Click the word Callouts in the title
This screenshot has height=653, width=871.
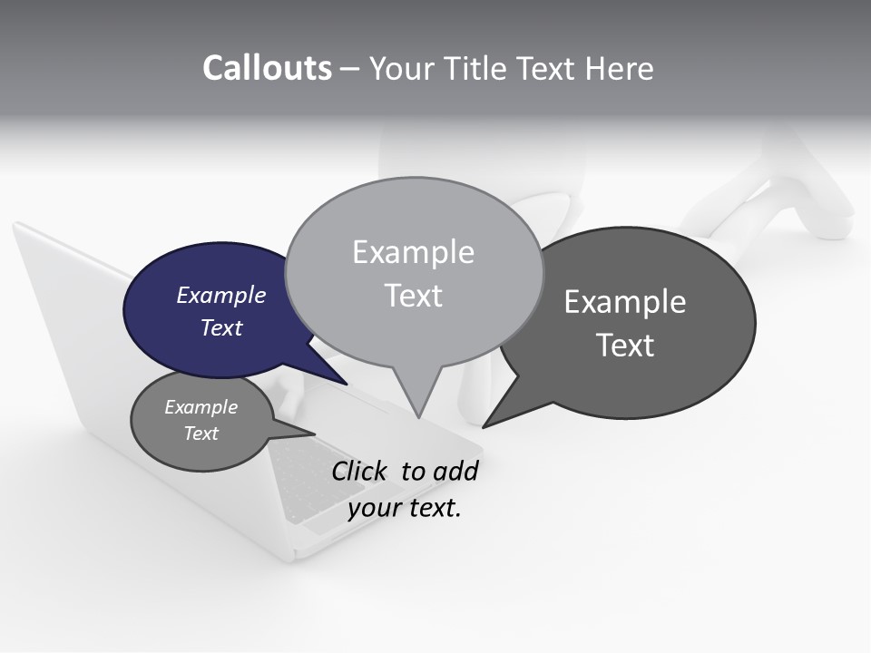coord(267,69)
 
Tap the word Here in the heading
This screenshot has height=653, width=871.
coord(620,69)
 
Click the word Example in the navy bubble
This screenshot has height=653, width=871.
coord(221,295)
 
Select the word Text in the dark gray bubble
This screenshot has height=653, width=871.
coord(625,346)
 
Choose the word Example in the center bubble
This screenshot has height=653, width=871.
coord(413,252)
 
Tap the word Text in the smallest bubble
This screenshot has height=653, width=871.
coord(201,434)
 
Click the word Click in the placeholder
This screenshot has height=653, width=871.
coord(357,471)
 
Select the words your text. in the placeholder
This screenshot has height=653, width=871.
coord(405,508)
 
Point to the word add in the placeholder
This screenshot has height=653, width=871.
coord(455,471)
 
